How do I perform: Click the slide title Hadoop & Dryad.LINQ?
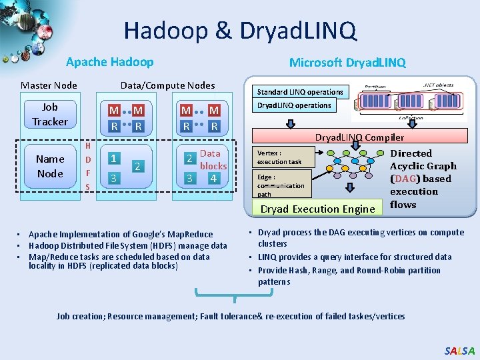[x=240, y=30]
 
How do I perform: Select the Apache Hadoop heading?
[x=109, y=62]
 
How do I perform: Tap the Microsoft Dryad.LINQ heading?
[x=347, y=62]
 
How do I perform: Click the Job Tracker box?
[x=50, y=114]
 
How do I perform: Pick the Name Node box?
[x=50, y=166]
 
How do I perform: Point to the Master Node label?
[x=49, y=85]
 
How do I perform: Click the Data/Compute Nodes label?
[x=167, y=85]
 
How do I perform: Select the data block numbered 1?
[x=115, y=159]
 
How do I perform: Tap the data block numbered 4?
[x=213, y=178]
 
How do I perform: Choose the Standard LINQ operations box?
[x=300, y=92]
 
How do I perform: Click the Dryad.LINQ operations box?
[x=294, y=105]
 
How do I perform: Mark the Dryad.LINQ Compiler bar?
[x=359, y=137]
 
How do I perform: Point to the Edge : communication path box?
[x=281, y=185]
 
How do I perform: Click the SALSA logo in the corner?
[x=459, y=351]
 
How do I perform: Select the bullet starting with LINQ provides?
[x=355, y=257]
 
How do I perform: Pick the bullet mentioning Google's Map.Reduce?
[x=121, y=234]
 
